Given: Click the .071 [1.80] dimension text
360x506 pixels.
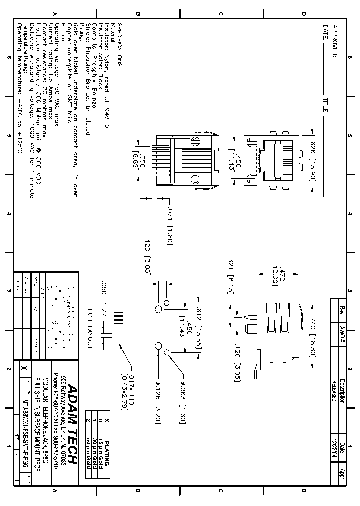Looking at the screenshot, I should [x=170, y=225].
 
